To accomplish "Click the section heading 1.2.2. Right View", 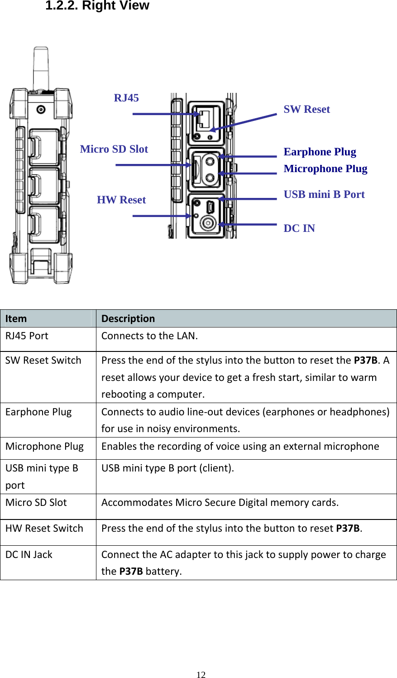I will click(97, 6).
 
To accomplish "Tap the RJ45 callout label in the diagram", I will click(126, 98).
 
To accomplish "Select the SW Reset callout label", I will click(306, 109).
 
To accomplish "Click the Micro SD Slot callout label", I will click(114, 149).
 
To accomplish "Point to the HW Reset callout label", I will click(121, 200).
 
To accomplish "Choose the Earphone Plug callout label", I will click(320, 152).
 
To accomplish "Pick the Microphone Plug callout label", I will click(325, 168).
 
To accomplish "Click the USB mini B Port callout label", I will click(324, 194).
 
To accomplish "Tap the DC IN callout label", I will click(299, 228).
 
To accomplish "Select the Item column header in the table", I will click(16, 318).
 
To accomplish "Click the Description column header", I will click(128, 318).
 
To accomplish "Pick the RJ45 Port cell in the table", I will click(27, 336).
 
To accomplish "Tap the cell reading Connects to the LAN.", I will click(149, 336).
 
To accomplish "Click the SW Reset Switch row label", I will click(43, 361).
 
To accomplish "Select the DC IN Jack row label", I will click(29, 554).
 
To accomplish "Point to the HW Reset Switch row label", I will click(44, 528).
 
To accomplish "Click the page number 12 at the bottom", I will click(201, 674).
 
